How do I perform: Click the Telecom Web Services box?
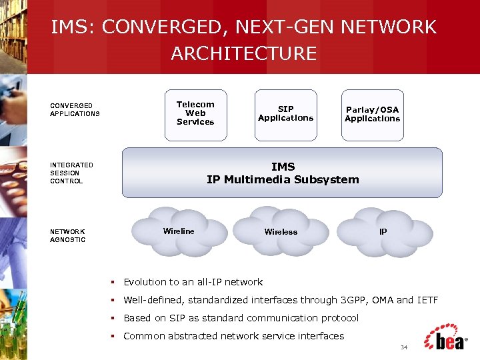point(195,114)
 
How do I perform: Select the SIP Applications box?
point(285,114)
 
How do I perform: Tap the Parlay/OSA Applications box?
point(372,115)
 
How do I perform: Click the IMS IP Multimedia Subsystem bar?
point(282,173)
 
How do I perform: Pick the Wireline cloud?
point(179,231)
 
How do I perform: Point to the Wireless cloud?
point(281,231)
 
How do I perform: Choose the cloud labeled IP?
point(383,231)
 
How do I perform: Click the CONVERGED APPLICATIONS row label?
point(75,109)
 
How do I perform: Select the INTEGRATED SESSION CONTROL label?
point(71,173)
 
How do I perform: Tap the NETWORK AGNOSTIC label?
point(67,235)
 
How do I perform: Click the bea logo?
point(445,338)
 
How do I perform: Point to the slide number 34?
point(403,348)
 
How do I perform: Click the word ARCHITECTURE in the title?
point(243,53)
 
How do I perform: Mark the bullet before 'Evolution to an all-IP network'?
point(114,282)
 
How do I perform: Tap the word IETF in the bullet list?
point(427,300)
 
